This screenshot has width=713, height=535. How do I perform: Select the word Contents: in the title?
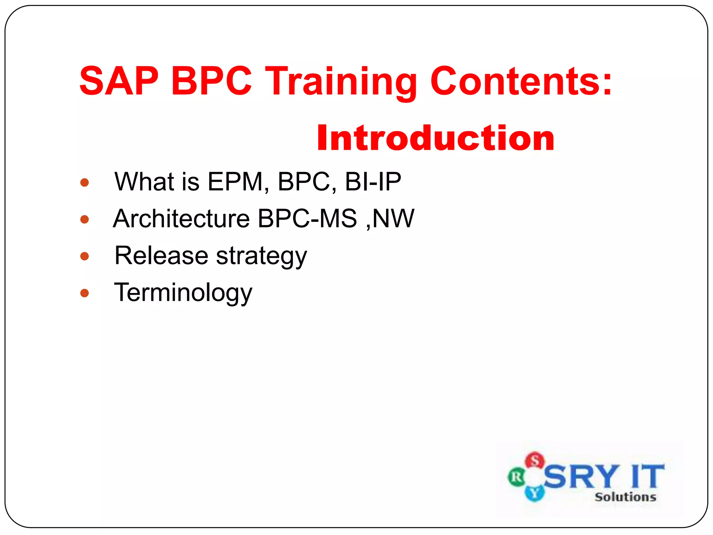click(x=521, y=81)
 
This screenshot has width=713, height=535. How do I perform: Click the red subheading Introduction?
click(x=436, y=138)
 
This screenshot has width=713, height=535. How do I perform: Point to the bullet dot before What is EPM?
click(x=85, y=183)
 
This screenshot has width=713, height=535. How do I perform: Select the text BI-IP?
click(x=373, y=182)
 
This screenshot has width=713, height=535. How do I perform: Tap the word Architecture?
click(x=181, y=219)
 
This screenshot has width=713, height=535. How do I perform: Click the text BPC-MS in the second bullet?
click(x=307, y=219)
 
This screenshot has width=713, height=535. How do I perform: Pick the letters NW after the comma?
click(x=393, y=219)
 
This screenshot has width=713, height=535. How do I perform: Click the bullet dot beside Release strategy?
click(x=85, y=257)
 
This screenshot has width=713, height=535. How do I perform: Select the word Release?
click(x=161, y=256)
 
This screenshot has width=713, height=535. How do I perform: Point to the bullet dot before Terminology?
click(x=85, y=293)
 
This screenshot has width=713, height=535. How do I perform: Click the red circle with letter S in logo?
click(x=535, y=460)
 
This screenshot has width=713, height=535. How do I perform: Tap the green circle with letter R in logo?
click(x=516, y=477)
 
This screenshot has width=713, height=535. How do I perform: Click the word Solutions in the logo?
click(x=625, y=497)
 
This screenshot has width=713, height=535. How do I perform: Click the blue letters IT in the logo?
click(x=647, y=476)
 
